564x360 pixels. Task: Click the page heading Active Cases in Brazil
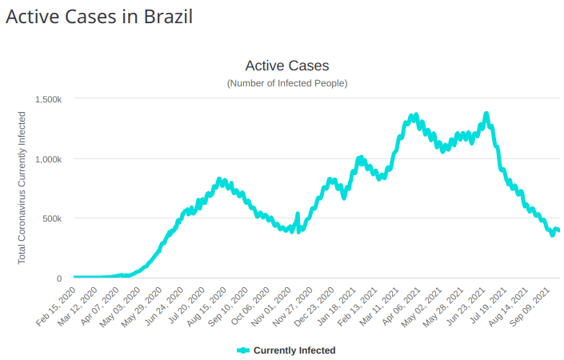(x=99, y=16)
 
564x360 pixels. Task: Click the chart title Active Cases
(x=286, y=66)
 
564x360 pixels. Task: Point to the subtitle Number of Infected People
(x=286, y=83)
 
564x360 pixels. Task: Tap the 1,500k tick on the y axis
(x=49, y=99)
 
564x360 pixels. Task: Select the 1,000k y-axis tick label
(x=49, y=159)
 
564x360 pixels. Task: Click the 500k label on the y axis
(x=53, y=218)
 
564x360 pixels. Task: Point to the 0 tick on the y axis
(x=59, y=278)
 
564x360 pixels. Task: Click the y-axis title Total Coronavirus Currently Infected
(x=22, y=188)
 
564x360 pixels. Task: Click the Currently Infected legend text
(x=294, y=350)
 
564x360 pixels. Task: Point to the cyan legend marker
(x=243, y=350)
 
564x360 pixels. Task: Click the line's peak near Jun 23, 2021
(x=486, y=115)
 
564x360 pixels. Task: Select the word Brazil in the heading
(x=168, y=16)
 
